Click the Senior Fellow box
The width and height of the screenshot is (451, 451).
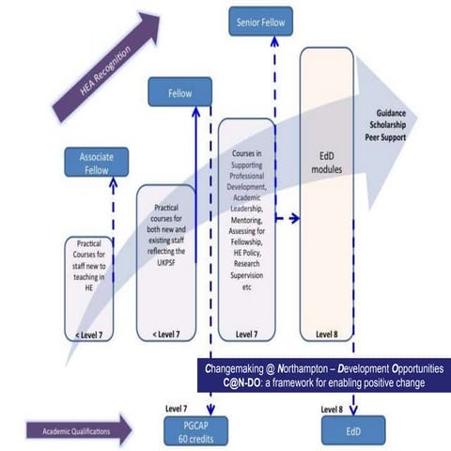pyautogui.click(x=260, y=21)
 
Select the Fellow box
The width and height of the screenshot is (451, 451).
pyautogui.click(x=179, y=93)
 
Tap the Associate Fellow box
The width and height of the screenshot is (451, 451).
pyautogui.click(x=96, y=163)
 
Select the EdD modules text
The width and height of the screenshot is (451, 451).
pyautogui.click(x=326, y=163)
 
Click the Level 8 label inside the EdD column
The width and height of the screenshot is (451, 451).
pyautogui.click(x=325, y=333)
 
